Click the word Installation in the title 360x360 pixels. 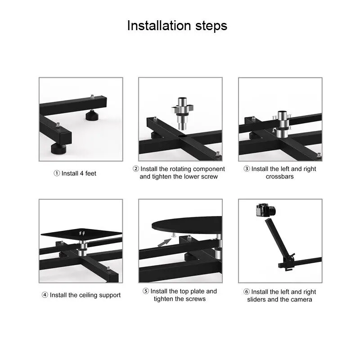[159, 25]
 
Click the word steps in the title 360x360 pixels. [211, 26]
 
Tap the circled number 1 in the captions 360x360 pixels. [57, 173]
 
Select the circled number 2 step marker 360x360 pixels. [136, 169]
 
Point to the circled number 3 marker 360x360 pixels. [247, 169]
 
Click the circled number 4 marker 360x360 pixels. [45, 295]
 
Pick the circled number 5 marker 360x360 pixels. [146, 291]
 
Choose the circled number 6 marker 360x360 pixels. [247, 292]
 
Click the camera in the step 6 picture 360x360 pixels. [265, 210]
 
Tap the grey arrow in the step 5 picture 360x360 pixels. [164, 243]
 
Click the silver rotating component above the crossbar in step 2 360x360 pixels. [183, 113]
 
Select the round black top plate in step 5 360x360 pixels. [187, 225]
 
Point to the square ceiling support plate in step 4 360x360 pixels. [81, 234]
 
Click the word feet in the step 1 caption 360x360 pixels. [91, 173]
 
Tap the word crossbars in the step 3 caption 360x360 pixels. [279, 176]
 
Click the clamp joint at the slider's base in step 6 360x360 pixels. [287, 262]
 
